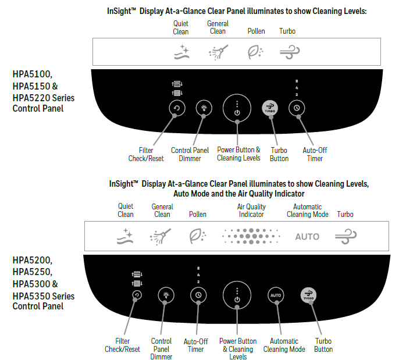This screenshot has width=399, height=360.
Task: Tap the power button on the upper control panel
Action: (x=237, y=108)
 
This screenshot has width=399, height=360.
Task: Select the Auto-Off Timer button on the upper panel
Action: (x=297, y=108)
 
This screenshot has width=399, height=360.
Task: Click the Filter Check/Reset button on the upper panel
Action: (x=176, y=108)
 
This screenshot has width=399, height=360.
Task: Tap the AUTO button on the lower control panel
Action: (x=276, y=295)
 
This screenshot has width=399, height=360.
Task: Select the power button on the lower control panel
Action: (x=237, y=296)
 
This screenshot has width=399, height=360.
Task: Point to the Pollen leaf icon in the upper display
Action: (x=255, y=52)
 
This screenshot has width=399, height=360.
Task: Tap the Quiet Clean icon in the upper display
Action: (x=183, y=53)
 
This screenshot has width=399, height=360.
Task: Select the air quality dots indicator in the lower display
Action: (x=251, y=236)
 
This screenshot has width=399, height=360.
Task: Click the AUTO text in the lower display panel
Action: (x=307, y=237)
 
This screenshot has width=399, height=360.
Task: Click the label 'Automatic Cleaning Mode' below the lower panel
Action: (x=284, y=345)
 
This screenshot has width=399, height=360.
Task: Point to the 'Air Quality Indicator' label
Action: (x=251, y=211)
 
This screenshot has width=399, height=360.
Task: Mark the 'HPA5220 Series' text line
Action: (x=44, y=97)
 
